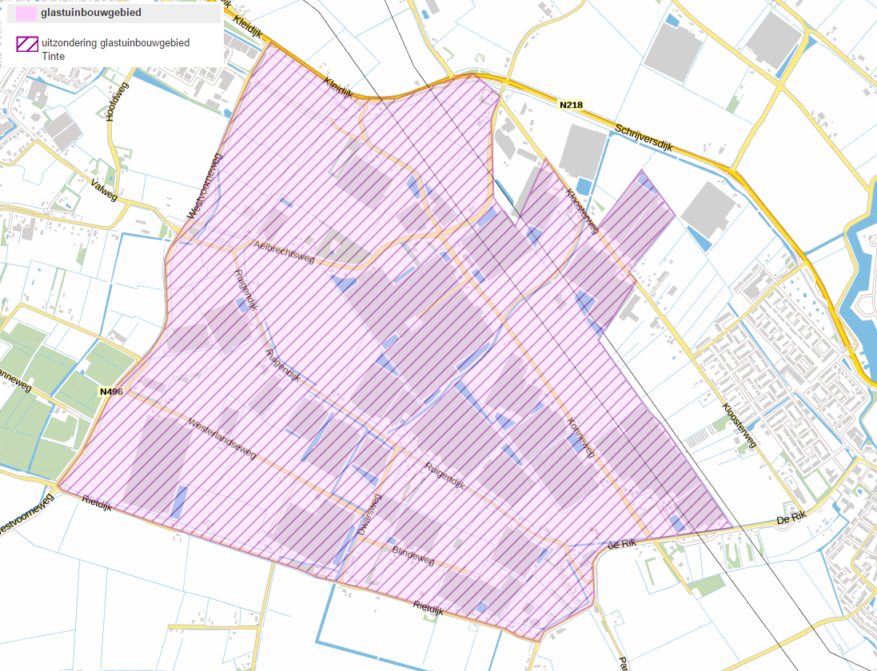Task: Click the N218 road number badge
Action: pos(571,105)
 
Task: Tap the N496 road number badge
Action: pos(112,391)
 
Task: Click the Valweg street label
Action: pos(104,192)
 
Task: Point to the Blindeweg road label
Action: pos(413,555)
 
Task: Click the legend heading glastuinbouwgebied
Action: pos(91,12)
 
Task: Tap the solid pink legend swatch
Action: pos(26,13)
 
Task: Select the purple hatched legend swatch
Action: pos(26,44)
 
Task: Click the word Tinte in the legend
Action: pos(53,56)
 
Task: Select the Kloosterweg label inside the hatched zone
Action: pos(582,210)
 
